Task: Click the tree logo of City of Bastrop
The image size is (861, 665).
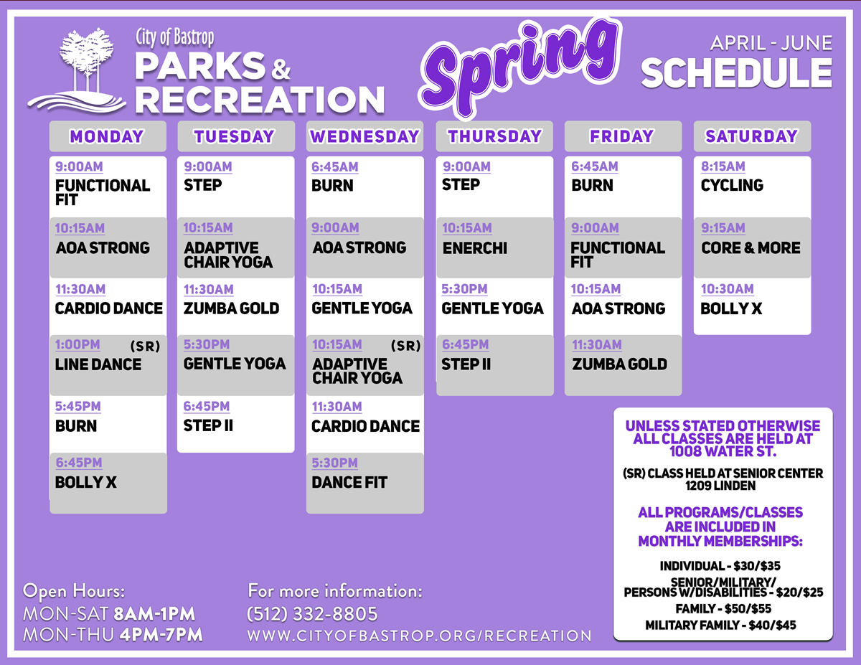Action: click(x=77, y=70)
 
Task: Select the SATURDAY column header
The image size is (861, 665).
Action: click(x=752, y=136)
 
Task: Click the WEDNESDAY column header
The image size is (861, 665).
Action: click(x=364, y=136)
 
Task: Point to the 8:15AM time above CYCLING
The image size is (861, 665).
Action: click(x=723, y=166)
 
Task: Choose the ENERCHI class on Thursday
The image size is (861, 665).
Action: click(x=475, y=248)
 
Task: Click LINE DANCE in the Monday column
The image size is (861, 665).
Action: click(x=98, y=364)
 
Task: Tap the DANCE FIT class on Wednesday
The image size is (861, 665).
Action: click(x=349, y=482)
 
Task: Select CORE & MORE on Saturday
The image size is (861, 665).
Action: click(x=751, y=248)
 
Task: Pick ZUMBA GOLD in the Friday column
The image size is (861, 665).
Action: click(x=619, y=364)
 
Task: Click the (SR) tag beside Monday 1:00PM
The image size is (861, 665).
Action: click(x=146, y=346)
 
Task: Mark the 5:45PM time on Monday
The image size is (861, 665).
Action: click(x=78, y=406)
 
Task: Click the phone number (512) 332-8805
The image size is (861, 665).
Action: click(x=313, y=614)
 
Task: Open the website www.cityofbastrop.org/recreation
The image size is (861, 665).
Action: click(x=419, y=636)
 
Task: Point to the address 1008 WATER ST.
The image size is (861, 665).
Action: click(x=723, y=451)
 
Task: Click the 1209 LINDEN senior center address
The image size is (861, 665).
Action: click(x=720, y=486)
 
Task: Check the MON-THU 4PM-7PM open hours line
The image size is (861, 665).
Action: click(x=113, y=635)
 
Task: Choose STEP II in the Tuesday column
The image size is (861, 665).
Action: click(x=208, y=426)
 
